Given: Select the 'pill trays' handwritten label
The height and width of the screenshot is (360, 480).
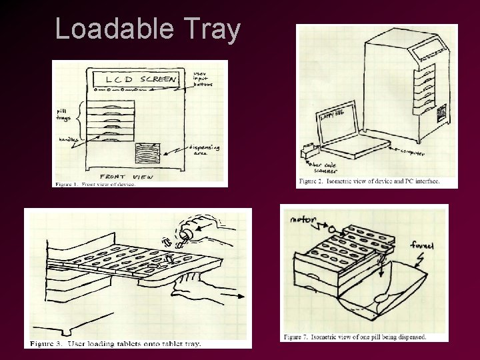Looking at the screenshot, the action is (64, 113).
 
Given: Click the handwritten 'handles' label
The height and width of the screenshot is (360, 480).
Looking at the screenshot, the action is (66, 139).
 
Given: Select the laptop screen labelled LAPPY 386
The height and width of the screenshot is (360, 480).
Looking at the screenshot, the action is (336, 119).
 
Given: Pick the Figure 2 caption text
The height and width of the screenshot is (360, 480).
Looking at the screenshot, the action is (369, 181).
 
